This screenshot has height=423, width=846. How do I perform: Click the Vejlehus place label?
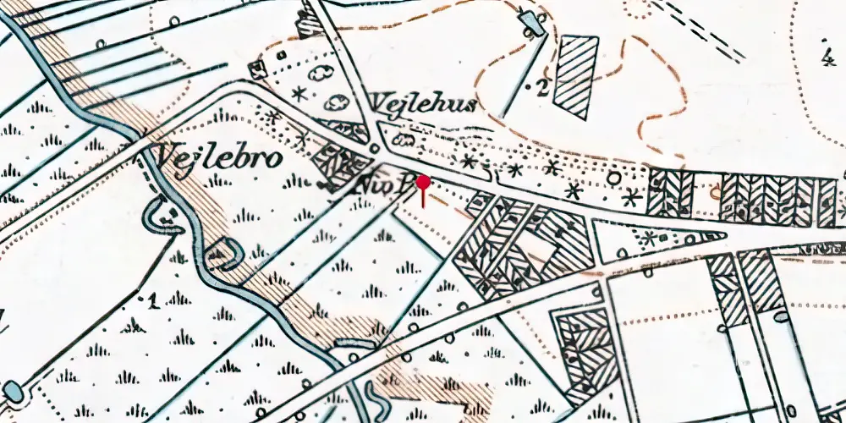[x=423, y=104]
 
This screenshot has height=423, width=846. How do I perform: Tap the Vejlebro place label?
[x=217, y=158]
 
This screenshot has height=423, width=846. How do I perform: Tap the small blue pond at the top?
[x=531, y=19]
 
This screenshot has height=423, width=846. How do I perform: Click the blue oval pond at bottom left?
[x=12, y=391]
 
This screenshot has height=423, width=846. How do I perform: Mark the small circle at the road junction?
[x=373, y=150]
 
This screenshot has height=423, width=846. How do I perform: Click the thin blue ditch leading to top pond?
[x=512, y=76]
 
